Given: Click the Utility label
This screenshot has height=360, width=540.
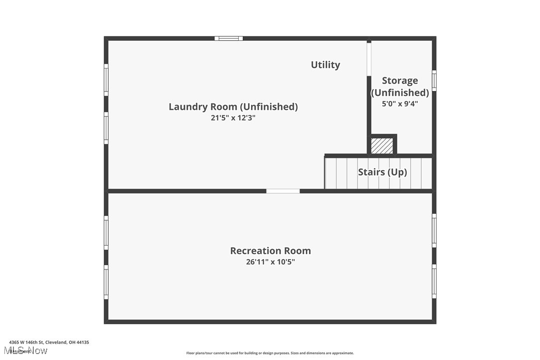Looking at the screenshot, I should [x=325, y=65].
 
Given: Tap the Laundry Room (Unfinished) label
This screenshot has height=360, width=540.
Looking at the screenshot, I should [x=233, y=106].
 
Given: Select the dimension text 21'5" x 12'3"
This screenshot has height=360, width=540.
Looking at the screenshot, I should [x=233, y=118].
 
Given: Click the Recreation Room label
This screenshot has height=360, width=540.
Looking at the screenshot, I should [x=270, y=251].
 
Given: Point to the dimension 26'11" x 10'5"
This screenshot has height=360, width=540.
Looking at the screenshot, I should [x=270, y=262].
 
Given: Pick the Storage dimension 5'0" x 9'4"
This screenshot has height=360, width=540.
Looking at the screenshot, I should [x=400, y=104].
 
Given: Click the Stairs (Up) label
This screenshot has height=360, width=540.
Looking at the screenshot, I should [x=382, y=172].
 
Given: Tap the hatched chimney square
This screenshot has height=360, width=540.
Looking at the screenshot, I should [x=382, y=146].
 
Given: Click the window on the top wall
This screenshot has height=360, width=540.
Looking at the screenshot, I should [x=229, y=38].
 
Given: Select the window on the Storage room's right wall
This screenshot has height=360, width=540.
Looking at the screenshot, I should [x=434, y=81].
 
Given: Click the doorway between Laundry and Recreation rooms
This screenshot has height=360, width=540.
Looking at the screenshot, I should [x=283, y=191].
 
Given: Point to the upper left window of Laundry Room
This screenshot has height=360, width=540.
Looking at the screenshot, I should [x=106, y=80].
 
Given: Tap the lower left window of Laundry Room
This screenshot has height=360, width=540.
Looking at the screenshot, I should [x=106, y=128].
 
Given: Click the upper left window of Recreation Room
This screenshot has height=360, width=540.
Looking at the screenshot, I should [x=106, y=232].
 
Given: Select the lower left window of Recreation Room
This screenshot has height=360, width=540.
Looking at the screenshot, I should [x=106, y=282].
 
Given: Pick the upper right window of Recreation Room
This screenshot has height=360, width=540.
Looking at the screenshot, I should [x=434, y=230].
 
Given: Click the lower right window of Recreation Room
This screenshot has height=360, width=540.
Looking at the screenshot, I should [x=434, y=281].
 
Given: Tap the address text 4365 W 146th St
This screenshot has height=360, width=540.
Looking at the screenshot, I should [x=49, y=342].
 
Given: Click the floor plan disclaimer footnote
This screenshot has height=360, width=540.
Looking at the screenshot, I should [x=270, y=353].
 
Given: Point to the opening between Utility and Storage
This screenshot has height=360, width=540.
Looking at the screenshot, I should [x=369, y=58].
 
